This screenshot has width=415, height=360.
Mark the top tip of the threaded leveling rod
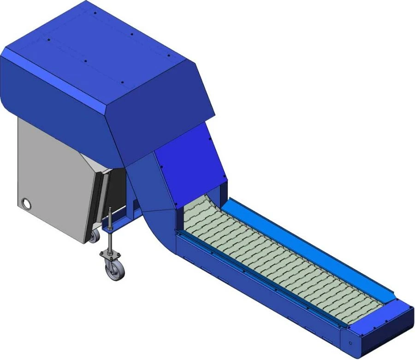(110, 209)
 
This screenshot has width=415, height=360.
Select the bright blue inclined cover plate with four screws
(191, 157)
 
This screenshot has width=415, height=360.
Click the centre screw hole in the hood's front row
(86, 60)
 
